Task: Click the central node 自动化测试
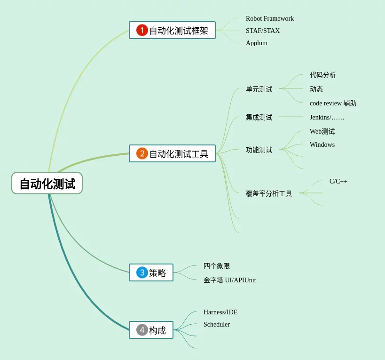(x=47, y=184)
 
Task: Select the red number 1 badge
(x=142, y=30)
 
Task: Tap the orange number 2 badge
(x=142, y=153)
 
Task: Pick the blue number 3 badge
(x=142, y=272)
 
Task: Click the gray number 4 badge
(x=142, y=330)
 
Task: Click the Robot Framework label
(x=269, y=19)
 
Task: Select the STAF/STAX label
(x=262, y=31)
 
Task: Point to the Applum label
(x=256, y=43)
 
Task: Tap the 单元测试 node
(x=259, y=89)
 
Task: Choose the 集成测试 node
(x=259, y=117)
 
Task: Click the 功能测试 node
(x=259, y=150)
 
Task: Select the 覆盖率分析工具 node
(x=268, y=193)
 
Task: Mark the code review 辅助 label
(x=333, y=104)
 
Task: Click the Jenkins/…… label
(x=327, y=117)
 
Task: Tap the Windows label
(x=322, y=145)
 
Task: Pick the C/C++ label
(x=338, y=182)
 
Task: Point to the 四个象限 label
(x=216, y=266)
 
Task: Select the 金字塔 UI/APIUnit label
(x=229, y=280)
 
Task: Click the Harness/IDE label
(x=220, y=312)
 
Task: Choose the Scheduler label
(x=216, y=325)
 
